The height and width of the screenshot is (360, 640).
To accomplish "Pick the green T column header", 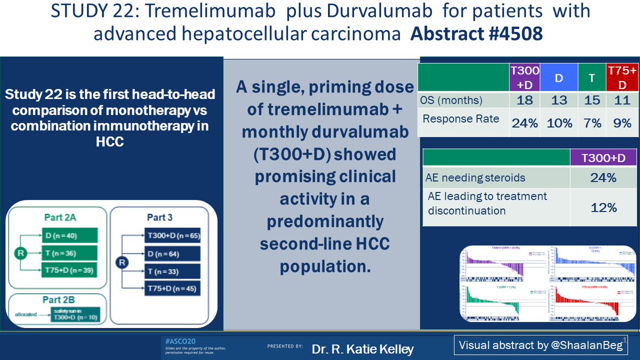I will (x=592, y=77).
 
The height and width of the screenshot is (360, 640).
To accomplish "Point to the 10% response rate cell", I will (x=559, y=123).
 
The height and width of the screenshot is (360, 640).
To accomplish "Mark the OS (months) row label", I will (x=451, y=100).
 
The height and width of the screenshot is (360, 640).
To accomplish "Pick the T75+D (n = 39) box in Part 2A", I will (x=69, y=270).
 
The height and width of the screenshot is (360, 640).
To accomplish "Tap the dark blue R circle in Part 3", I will (x=122, y=262).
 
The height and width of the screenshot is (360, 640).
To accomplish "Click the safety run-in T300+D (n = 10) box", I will (x=71, y=315).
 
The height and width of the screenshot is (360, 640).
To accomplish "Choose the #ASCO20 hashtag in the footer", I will (x=177, y=340).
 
